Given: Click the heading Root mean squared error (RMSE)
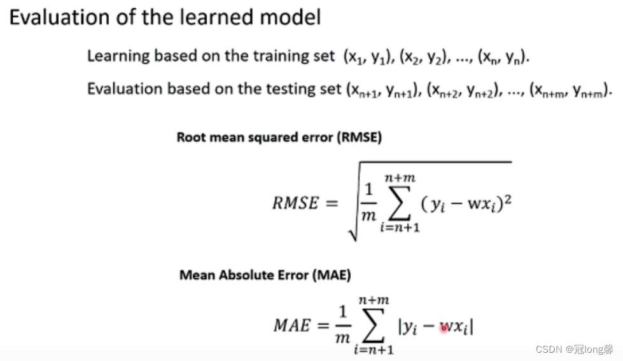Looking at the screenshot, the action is pyautogui.click(x=279, y=137).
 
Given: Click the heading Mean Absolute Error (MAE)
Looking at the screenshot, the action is pyautogui.click(x=265, y=275).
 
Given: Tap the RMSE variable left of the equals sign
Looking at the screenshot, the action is pyautogui.click(x=295, y=204).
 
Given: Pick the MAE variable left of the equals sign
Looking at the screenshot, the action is pyautogui.click(x=292, y=325).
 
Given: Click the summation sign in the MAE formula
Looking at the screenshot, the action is pyautogui.click(x=373, y=325).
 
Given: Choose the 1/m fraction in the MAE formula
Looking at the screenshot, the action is pyautogui.click(x=342, y=325).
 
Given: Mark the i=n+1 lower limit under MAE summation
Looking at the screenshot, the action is pyautogui.click(x=373, y=349).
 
